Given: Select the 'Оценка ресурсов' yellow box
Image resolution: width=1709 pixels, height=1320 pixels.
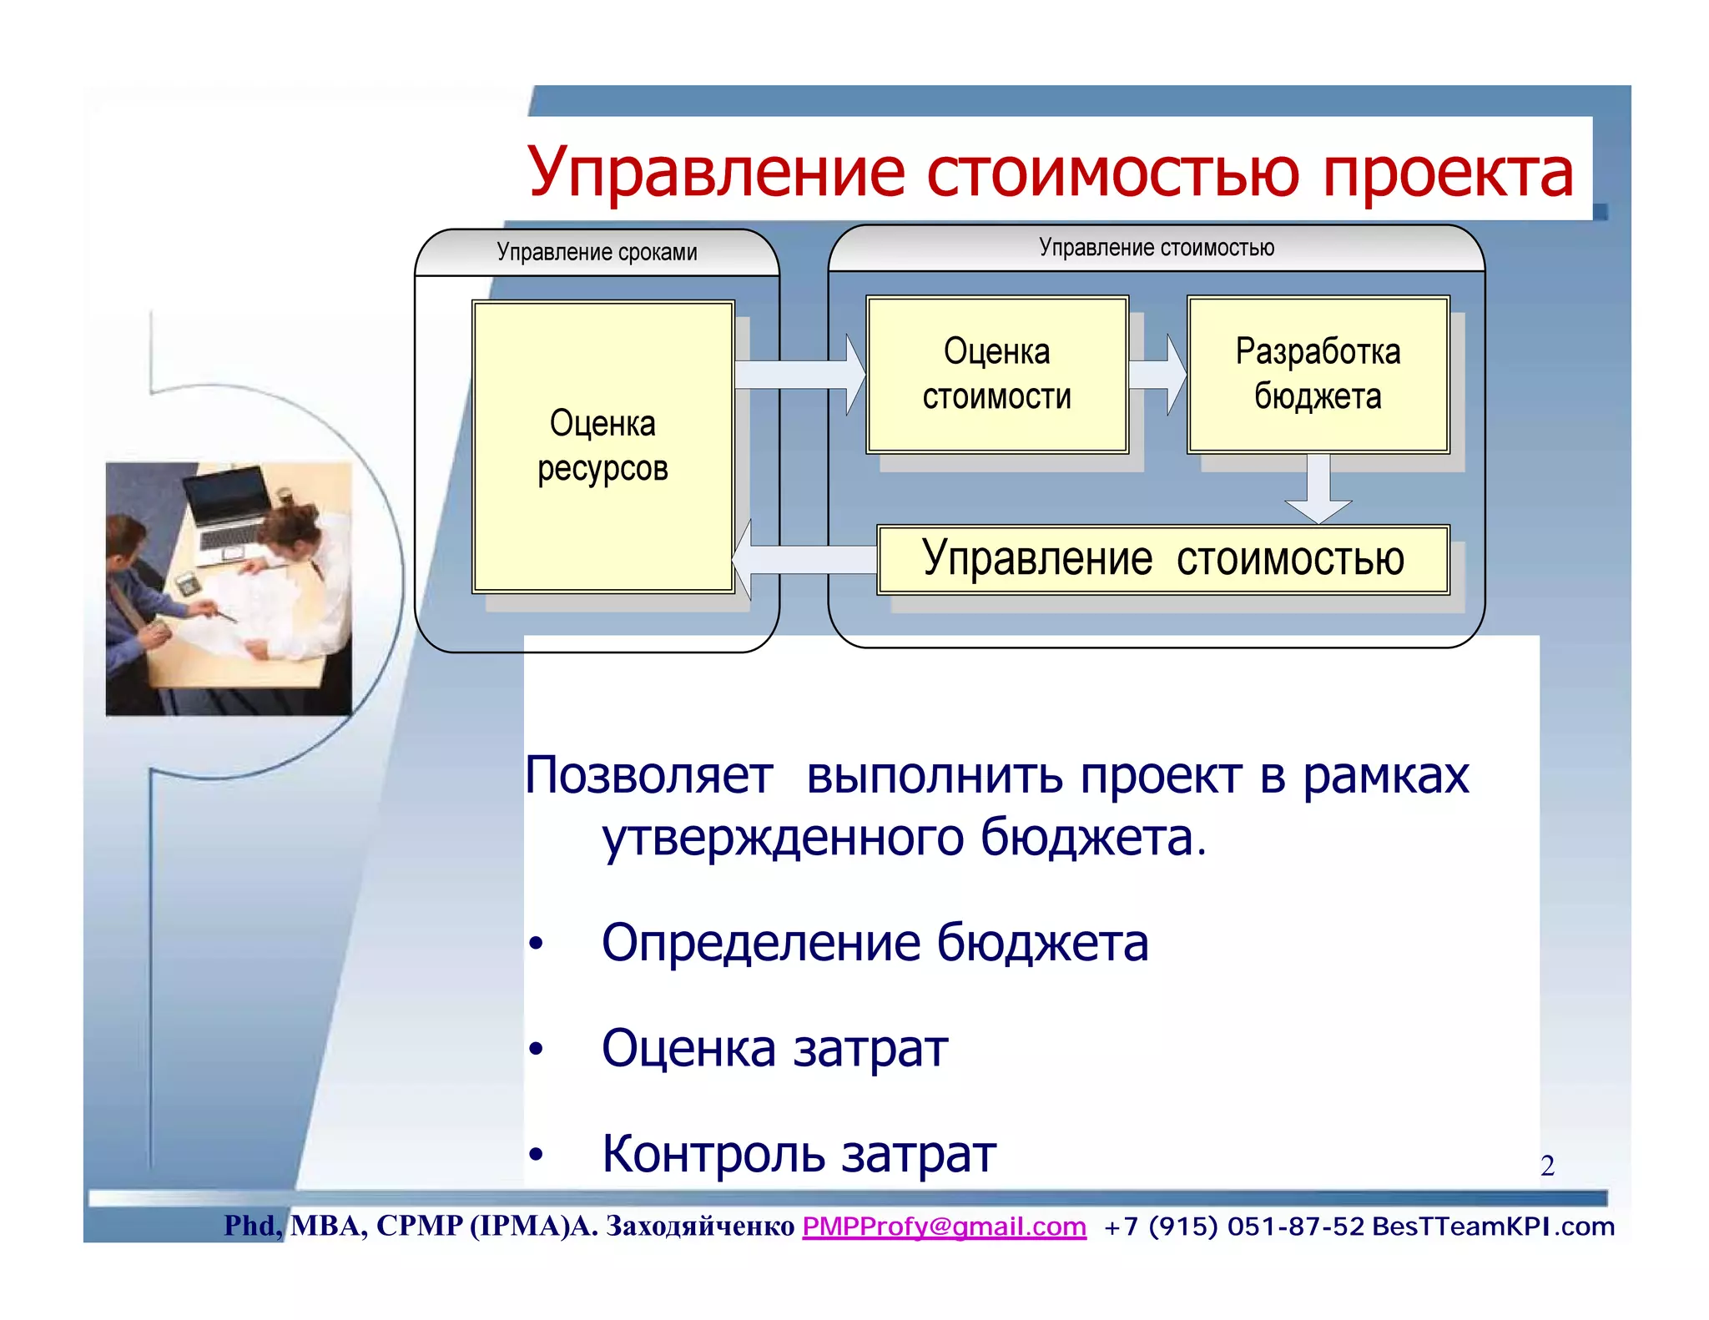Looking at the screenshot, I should point(602,446).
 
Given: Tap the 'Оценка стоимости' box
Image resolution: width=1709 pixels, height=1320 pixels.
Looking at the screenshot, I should point(996,374).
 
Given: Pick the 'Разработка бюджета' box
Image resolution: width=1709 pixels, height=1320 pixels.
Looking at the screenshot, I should point(1318,374).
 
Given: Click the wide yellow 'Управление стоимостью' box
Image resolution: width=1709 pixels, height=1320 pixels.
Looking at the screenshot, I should point(1162,559).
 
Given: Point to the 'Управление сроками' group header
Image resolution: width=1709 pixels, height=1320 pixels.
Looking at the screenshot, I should point(597,252).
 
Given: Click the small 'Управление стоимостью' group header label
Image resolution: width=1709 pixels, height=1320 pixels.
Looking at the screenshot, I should point(1156,248).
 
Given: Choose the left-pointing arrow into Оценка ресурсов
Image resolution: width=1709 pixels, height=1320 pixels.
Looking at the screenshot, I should point(801,559).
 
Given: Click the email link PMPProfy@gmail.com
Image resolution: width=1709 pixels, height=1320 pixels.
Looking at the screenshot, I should point(944,1227).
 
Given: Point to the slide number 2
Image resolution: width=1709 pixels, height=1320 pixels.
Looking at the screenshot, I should point(1547,1166).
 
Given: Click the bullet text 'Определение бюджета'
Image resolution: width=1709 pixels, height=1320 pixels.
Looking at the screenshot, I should point(875,943).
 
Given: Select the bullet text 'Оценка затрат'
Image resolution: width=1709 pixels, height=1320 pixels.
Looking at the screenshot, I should point(774,1049).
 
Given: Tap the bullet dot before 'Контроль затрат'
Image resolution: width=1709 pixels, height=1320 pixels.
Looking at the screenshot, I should point(536,1156).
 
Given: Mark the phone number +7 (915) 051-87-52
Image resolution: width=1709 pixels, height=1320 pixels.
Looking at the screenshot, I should point(1233,1227).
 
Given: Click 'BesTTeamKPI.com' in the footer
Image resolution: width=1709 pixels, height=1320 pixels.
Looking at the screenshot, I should point(1493,1227).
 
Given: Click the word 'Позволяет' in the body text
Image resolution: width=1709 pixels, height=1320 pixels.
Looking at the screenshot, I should point(648,776).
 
